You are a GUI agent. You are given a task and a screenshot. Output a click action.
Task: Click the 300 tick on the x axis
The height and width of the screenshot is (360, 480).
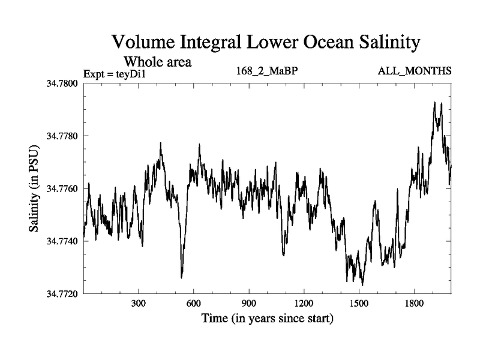[x=139, y=304]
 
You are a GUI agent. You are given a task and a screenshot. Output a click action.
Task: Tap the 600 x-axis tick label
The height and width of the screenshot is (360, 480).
[x=194, y=304]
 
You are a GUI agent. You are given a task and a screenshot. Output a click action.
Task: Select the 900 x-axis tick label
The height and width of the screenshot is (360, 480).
[x=249, y=304]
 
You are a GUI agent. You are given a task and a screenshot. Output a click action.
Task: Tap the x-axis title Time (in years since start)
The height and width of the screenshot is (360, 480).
[x=268, y=318]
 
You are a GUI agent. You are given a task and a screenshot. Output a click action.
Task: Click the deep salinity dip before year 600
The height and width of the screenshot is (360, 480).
[x=181, y=276]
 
